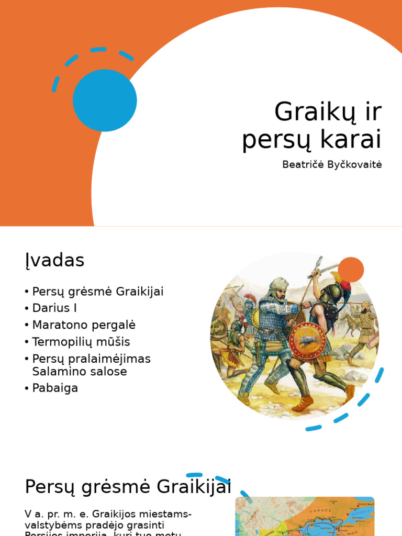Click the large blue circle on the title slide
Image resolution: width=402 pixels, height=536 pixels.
(105, 100)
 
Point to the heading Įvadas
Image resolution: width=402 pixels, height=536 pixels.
(54, 260)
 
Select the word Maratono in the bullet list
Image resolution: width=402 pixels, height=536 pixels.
(58, 325)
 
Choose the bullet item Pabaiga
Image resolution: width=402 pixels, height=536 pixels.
(55, 388)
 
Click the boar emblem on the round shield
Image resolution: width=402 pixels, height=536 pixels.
(307, 341)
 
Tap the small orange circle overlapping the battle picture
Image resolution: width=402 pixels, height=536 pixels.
(351, 270)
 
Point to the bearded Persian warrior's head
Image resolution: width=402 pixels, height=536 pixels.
(279, 289)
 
